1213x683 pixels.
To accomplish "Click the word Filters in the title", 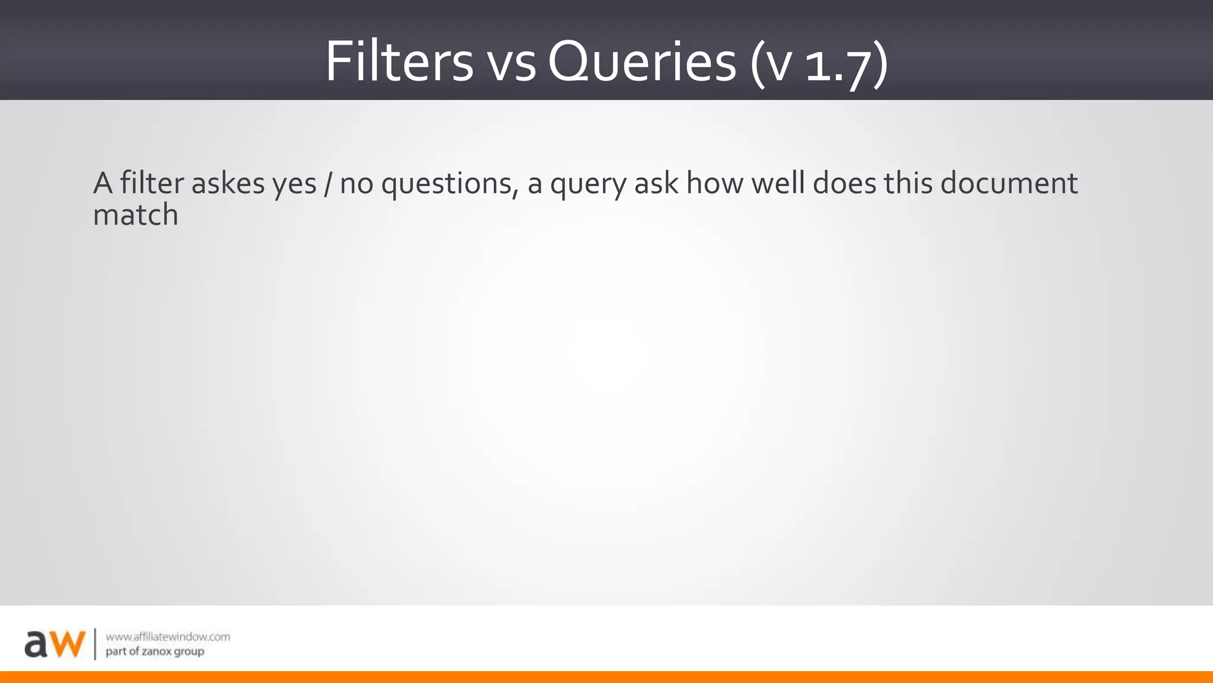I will click(x=399, y=62).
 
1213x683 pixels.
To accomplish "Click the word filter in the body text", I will click(x=152, y=183).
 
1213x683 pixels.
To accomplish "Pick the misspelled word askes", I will click(x=228, y=183).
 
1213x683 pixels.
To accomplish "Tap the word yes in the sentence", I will click(x=294, y=185).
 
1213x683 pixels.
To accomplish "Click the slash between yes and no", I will click(x=328, y=184).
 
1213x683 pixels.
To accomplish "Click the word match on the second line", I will click(x=136, y=215).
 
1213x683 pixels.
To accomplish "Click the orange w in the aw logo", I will click(x=66, y=644).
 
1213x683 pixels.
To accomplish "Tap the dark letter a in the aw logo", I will click(x=36, y=645).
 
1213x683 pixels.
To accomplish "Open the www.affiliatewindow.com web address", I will click(x=168, y=637).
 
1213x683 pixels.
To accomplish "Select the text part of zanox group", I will click(x=155, y=652).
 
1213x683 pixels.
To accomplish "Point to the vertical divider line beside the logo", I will click(x=95, y=644).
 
